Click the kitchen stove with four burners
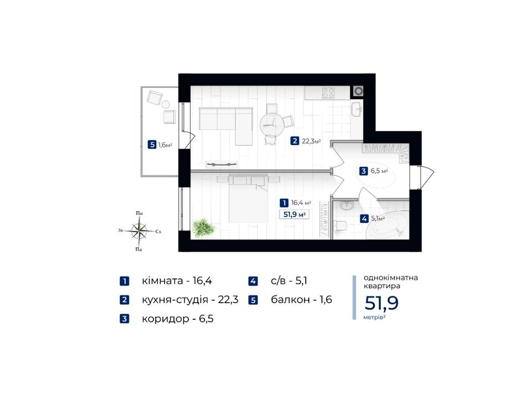(329, 93)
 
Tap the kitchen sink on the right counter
(356, 109)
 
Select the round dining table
(272, 125)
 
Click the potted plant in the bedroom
(203, 227)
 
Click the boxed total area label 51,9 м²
(294, 214)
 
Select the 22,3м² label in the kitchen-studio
(311, 141)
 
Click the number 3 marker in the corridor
(364, 171)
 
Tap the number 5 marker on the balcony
(152, 145)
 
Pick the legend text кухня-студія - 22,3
(190, 300)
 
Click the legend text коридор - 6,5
(177, 319)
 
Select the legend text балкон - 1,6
(301, 300)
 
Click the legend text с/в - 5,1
(289, 281)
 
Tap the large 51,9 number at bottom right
(381, 303)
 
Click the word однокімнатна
(391, 278)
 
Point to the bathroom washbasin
(347, 206)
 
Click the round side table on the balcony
(166, 105)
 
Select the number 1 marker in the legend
(125, 282)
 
